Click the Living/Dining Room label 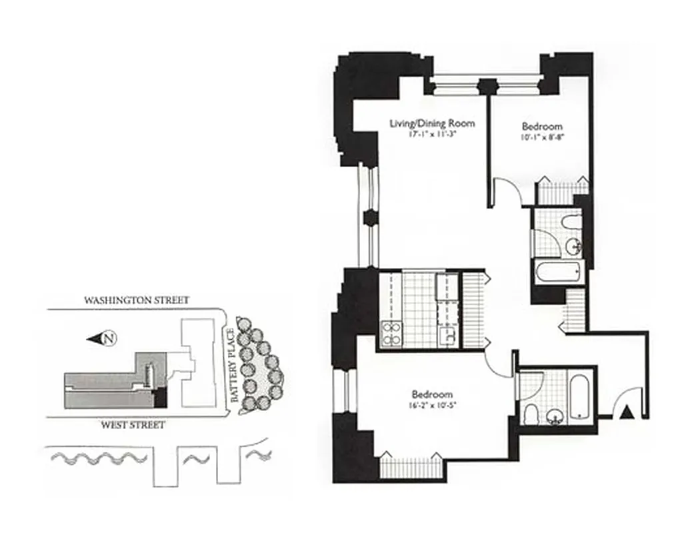423,123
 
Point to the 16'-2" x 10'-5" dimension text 432,404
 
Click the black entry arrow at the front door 626,414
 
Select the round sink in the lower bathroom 554,417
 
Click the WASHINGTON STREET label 136,300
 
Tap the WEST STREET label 133,424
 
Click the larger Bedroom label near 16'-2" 432,393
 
